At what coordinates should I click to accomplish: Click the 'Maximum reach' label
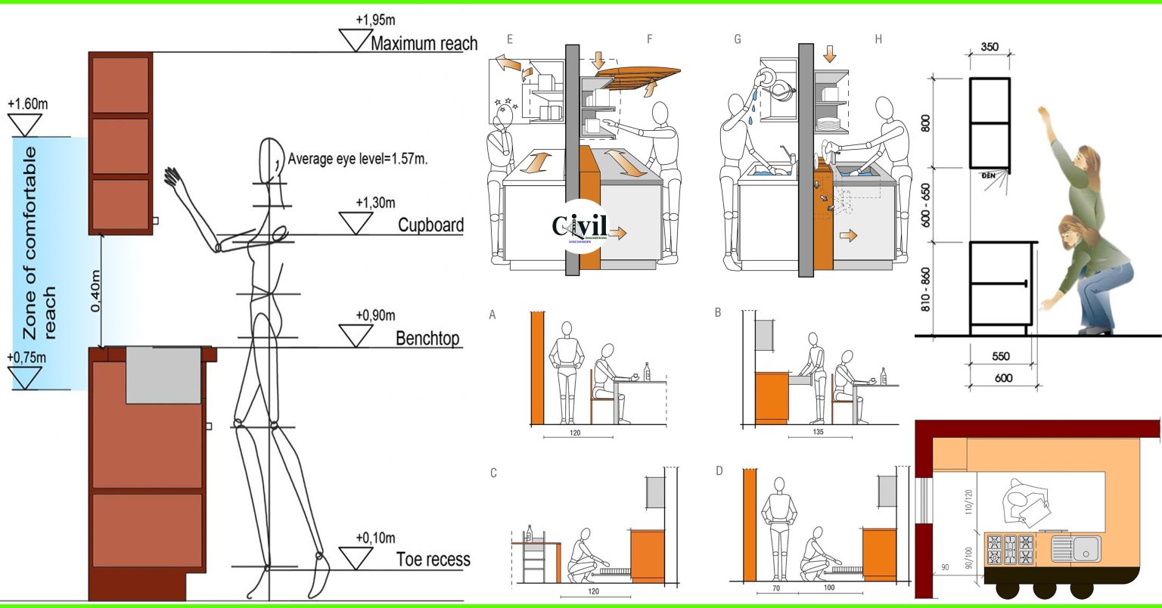424,42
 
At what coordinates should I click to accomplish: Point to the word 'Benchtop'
427,338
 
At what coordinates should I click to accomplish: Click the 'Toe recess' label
433,560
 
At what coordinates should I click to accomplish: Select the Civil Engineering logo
579,228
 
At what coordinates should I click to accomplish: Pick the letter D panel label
719,471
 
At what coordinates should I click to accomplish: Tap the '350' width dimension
989,47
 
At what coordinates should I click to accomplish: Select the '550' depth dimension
1000,355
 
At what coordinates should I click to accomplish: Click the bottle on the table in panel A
647,371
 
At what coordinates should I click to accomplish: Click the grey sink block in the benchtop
163,374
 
